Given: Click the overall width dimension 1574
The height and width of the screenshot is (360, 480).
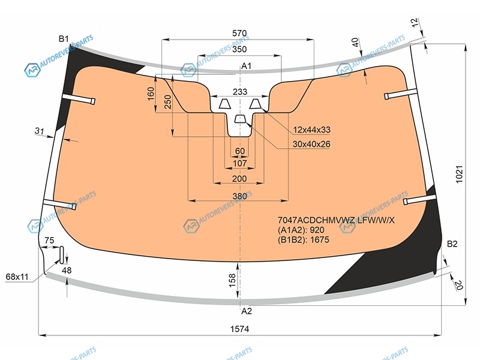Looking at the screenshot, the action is tap(239, 329).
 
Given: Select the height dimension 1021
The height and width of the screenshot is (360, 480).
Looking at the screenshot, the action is tap(460, 174).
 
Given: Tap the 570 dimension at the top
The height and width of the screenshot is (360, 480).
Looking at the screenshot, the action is tap(239, 33).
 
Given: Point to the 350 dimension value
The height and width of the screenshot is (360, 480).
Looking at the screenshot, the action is tap(239, 49).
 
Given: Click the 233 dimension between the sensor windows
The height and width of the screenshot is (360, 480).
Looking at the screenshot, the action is tap(240, 92).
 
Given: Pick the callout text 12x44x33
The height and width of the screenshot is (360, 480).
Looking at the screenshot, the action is tap(311, 130).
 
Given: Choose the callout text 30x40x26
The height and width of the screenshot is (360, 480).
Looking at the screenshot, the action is tap(311, 144).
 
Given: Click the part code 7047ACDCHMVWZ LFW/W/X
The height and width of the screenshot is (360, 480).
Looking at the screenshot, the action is tap(336, 220).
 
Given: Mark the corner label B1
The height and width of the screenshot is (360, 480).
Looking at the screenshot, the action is tap(64, 39).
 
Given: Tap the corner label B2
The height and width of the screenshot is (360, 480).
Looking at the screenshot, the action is tap(452, 244).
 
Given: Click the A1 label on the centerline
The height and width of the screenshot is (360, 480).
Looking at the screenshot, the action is tap(246, 66).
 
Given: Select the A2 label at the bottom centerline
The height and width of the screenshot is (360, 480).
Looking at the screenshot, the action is tap(246, 311).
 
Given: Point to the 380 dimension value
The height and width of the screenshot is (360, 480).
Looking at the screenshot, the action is tap(239, 196).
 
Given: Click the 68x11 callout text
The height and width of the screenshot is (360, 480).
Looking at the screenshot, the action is tap(17, 277).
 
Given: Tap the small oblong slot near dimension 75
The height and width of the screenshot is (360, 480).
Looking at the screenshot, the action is tap(62, 254).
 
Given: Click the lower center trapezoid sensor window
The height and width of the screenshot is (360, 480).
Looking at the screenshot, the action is tap(241, 119).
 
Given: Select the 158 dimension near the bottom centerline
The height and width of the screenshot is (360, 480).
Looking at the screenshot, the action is tap(232, 280).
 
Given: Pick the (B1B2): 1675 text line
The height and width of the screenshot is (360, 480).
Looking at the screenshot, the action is tap(304, 239).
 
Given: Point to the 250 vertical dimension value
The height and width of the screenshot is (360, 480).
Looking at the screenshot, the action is tap(168, 102).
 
